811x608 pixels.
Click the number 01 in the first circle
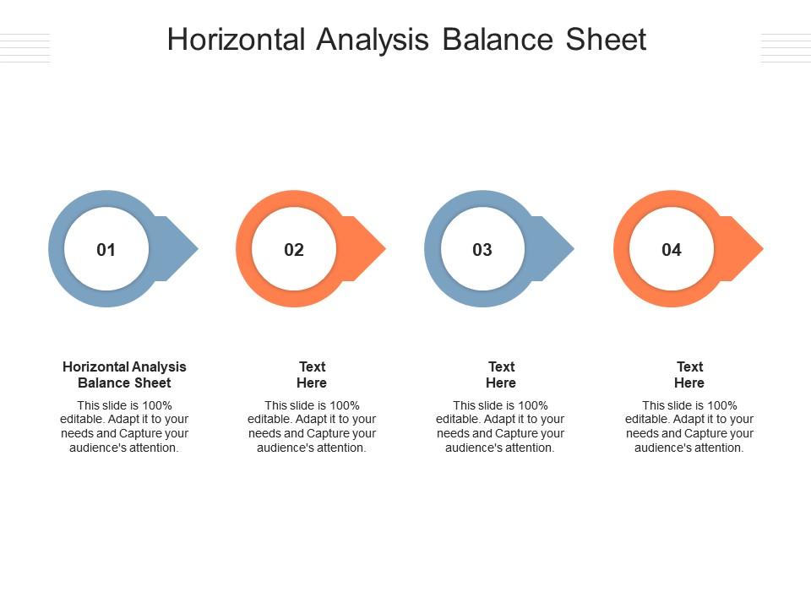tap(106, 250)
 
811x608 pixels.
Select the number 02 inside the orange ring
tap(294, 250)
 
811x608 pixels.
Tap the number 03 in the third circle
tap(482, 250)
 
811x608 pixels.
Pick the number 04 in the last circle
tap(672, 250)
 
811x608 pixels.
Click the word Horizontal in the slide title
tap(237, 40)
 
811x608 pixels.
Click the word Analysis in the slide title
tap(373, 40)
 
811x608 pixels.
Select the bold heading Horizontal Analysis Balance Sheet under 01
tap(124, 374)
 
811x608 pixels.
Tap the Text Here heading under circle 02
tap(312, 374)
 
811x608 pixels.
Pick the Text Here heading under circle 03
tap(501, 374)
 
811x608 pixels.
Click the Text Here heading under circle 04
tap(689, 374)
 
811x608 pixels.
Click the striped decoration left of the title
tap(25, 48)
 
